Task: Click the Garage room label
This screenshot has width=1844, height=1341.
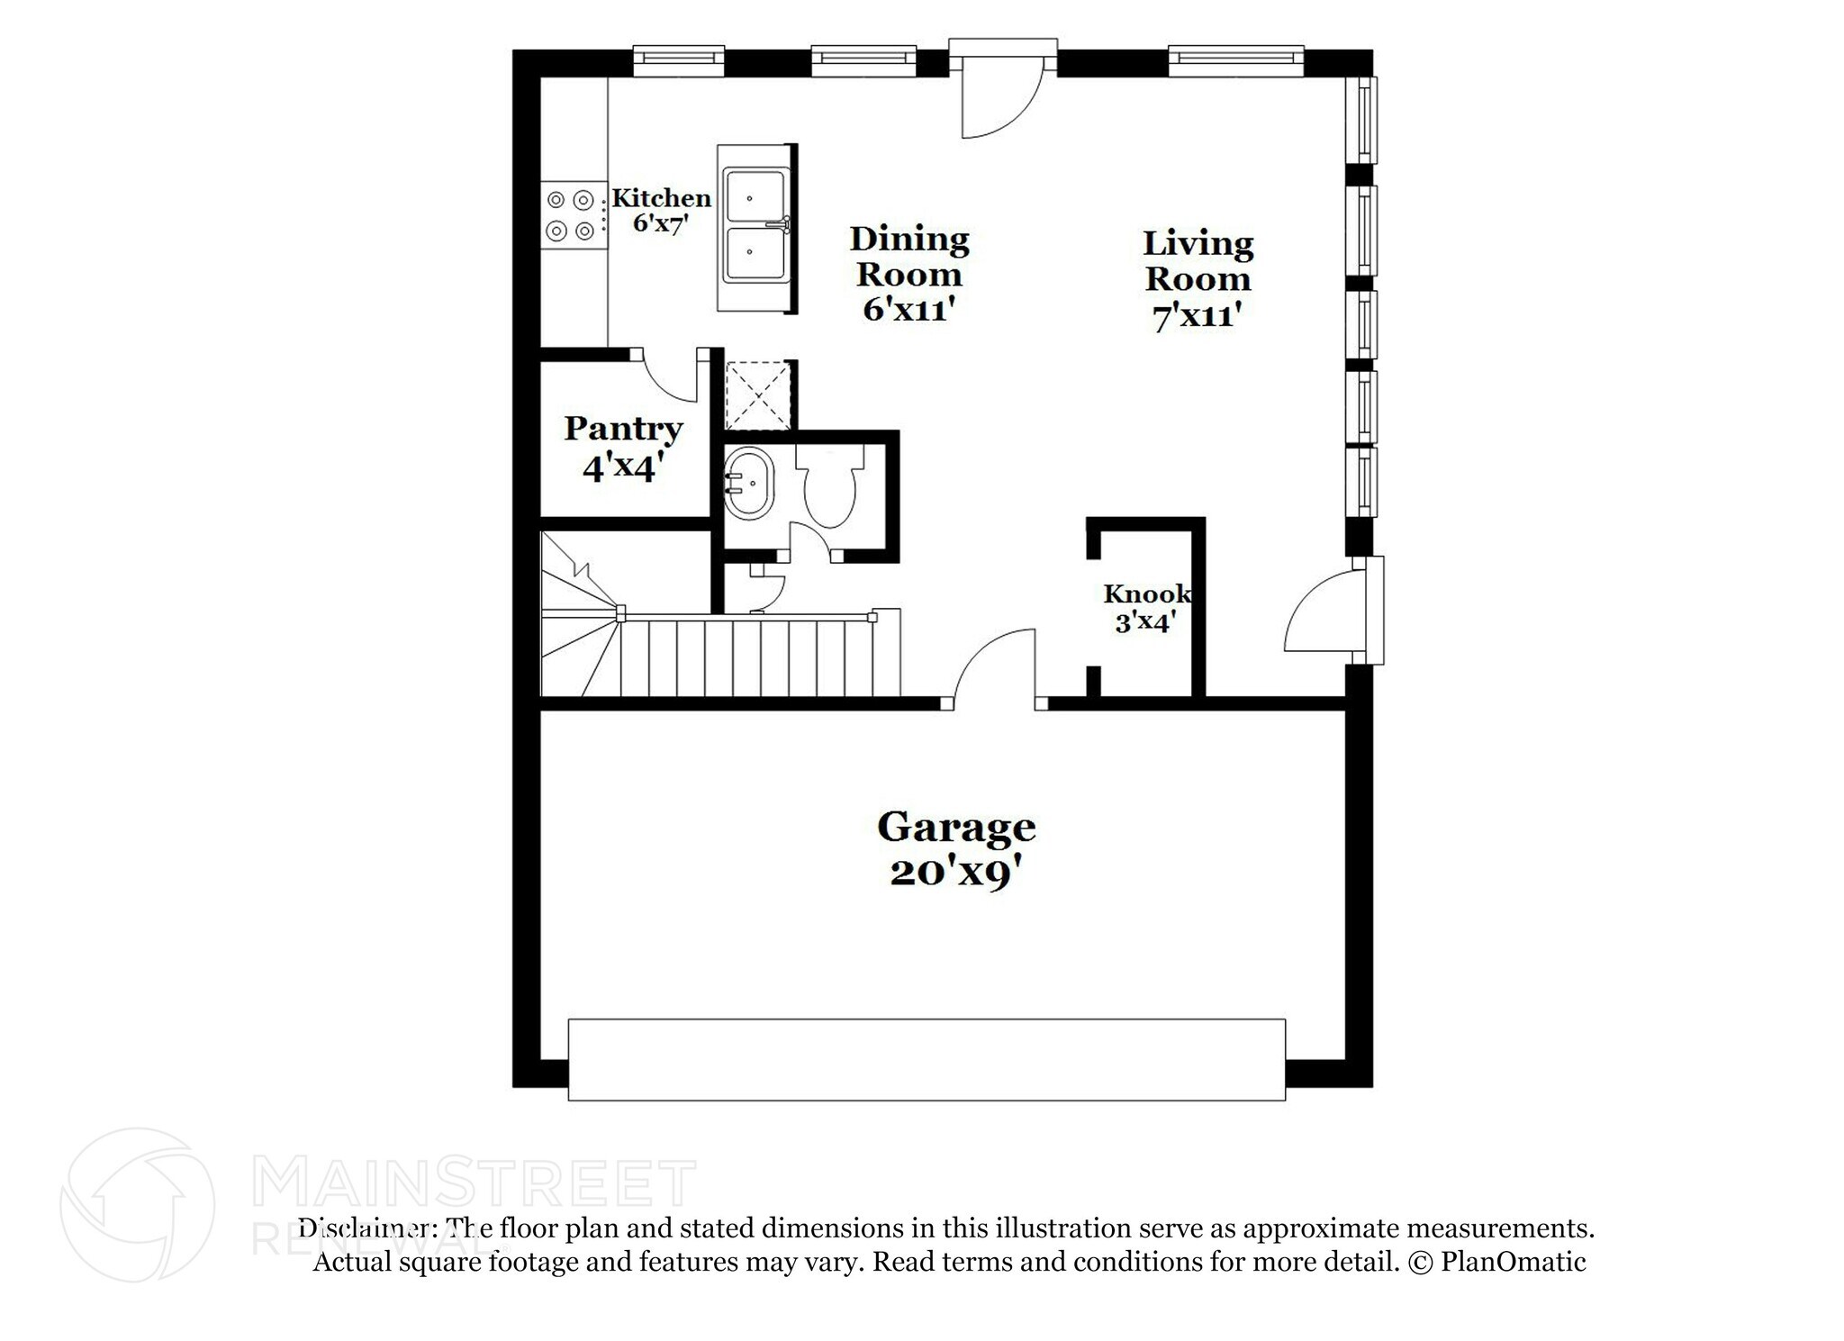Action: [955, 828]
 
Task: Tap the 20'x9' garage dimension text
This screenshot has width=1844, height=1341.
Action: [955, 873]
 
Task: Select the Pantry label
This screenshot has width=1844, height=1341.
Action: [623, 429]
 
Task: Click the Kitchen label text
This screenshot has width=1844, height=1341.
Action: [662, 198]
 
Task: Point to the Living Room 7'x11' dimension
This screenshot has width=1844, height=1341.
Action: [1197, 316]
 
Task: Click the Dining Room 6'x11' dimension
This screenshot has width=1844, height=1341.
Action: [908, 310]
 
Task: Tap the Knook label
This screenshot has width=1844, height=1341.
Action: [1146, 594]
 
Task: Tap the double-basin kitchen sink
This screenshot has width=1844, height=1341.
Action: [755, 227]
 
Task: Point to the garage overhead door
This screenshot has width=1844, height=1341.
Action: [926, 1059]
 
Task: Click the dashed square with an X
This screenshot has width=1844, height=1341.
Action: [758, 394]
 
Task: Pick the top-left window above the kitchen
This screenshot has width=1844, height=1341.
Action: [679, 59]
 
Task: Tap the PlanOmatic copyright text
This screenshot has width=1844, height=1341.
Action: [1496, 1262]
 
